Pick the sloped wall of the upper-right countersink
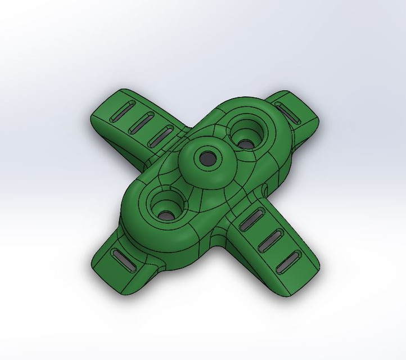pyautogui.click(x=255, y=134)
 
